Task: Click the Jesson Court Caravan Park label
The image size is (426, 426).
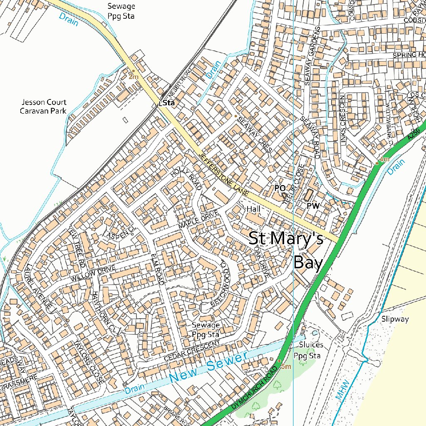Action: coord(43,106)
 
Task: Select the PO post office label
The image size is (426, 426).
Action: coord(280,188)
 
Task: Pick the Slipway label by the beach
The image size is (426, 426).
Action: coord(395,319)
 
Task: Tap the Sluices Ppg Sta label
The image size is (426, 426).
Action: coord(308,350)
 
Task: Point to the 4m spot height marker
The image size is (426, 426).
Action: coord(377,163)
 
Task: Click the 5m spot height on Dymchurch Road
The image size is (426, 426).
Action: coord(279,361)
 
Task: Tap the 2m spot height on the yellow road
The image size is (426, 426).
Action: coord(134,71)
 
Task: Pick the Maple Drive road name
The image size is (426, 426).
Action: coord(198,220)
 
